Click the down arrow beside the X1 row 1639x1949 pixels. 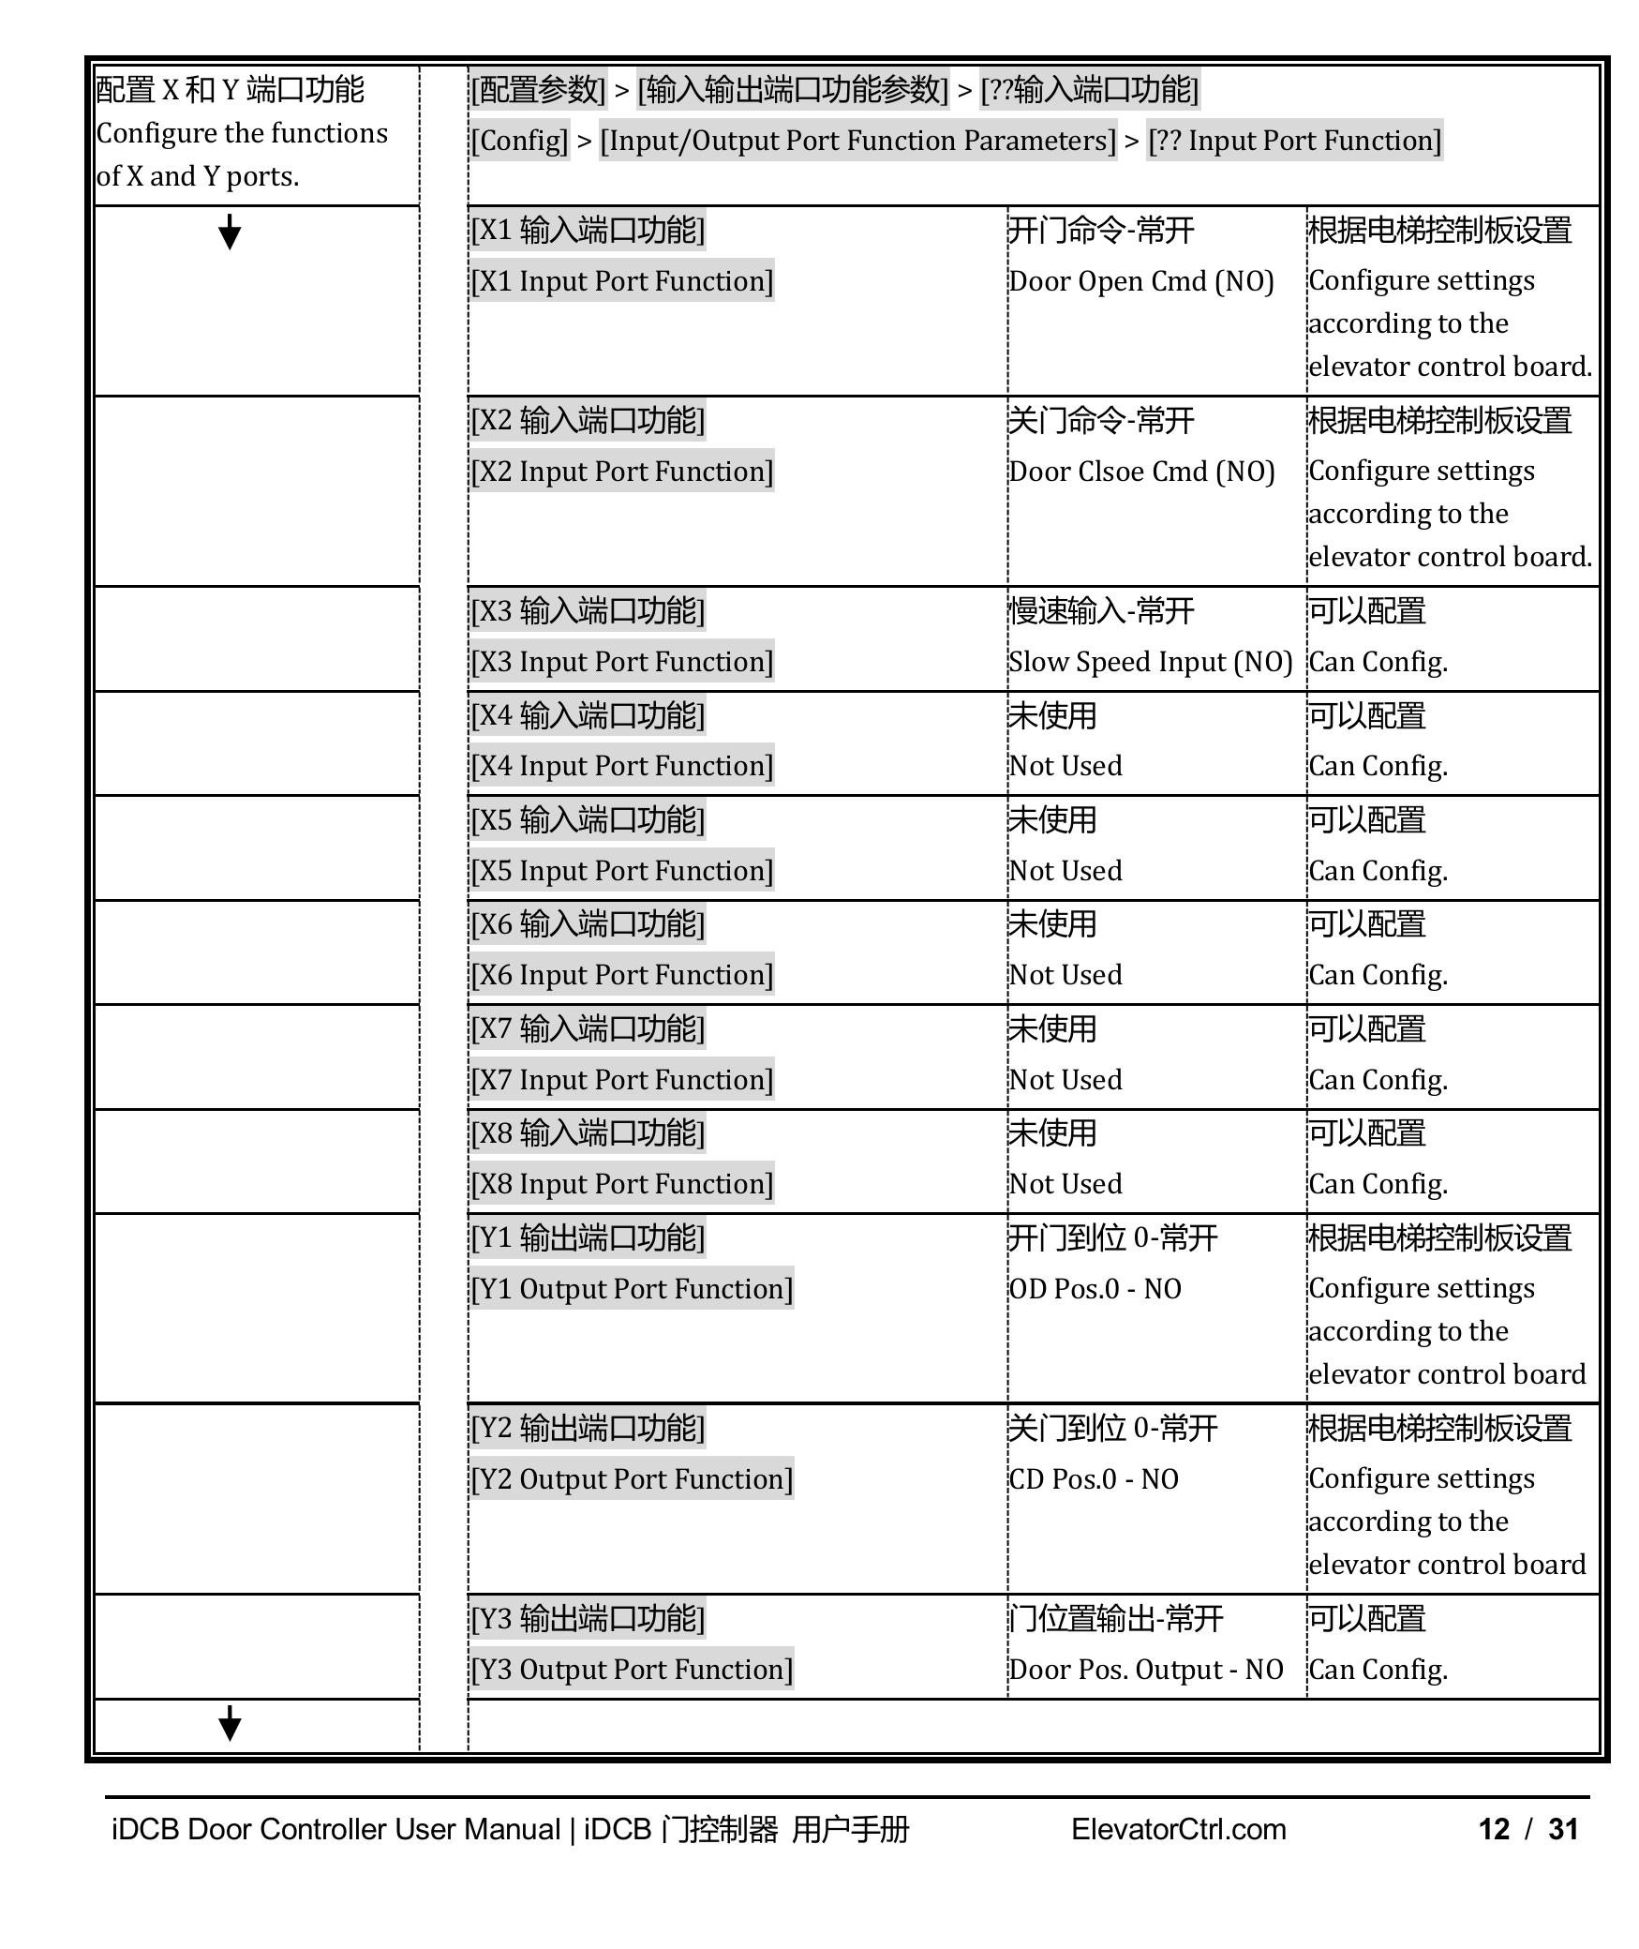point(230,232)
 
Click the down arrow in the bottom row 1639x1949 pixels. point(230,1723)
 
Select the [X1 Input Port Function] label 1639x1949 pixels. point(622,281)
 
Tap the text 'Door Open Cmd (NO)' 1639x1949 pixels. point(1140,281)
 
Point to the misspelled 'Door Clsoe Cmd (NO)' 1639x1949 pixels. point(1141,472)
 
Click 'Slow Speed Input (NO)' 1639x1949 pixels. point(1150,662)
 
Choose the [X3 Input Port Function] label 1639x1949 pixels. point(622,662)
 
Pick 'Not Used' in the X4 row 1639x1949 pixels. point(1065,766)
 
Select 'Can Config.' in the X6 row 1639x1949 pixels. point(1378,975)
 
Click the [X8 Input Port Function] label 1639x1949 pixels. point(622,1184)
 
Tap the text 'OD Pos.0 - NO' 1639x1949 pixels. point(1095,1289)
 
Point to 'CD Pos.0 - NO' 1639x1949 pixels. point(1094,1479)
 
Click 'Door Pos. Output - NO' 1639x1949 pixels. point(1145,1670)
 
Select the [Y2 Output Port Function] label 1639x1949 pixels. point(632,1479)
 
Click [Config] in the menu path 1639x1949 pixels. point(519,141)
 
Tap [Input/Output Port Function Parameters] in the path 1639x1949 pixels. point(857,141)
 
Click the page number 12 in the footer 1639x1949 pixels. point(1494,1829)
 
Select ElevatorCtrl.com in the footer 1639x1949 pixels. point(1178,1829)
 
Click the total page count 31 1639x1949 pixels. point(1563,1829)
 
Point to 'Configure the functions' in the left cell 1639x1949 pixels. point(242,133)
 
